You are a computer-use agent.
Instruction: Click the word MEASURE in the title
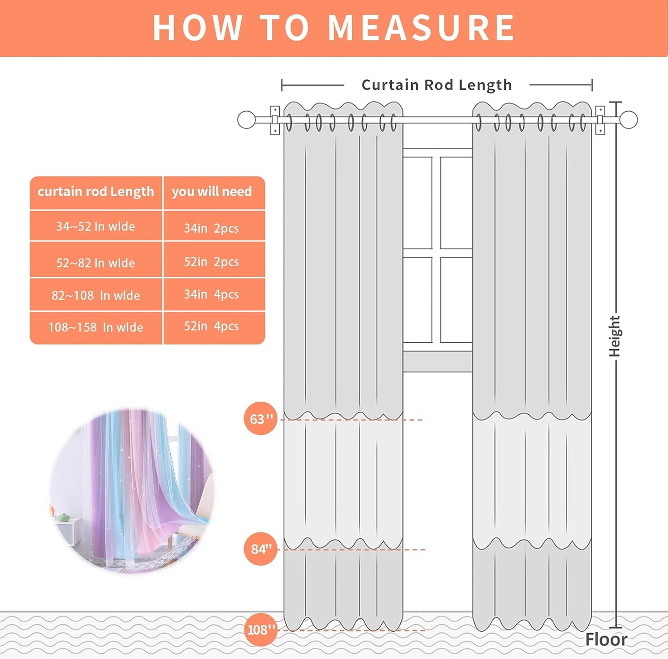(421, 28)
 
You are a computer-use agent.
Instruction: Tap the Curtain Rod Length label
(436, 85)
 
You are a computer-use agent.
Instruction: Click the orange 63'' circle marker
(261, 418)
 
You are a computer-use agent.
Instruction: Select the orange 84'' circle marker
(261, 549)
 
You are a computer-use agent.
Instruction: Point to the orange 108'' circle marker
(261, 629)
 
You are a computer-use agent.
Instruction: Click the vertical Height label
(614, 336)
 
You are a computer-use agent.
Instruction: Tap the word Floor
(606, 640)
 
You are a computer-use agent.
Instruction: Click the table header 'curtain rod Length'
(96, 192)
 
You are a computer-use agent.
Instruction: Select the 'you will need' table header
(212, 192)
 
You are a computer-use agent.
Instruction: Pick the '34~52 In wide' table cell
(96, 226)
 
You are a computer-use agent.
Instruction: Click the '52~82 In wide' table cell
(96, 263)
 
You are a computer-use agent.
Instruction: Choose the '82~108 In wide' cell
(96, 296)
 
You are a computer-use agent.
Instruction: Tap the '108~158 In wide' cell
(96, 327)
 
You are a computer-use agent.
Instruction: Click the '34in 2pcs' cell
(212, 228)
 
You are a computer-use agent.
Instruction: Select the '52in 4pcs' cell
(212, 326)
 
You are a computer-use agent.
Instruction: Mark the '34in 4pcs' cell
(212, 295)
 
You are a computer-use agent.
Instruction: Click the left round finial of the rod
(246, 120)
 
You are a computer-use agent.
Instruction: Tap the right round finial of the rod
(629, 120)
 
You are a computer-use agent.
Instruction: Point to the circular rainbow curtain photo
(132, 491)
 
